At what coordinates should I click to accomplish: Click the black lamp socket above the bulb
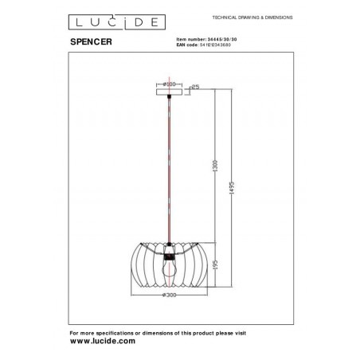(169, 256)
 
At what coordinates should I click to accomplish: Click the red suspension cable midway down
(169, 167)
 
